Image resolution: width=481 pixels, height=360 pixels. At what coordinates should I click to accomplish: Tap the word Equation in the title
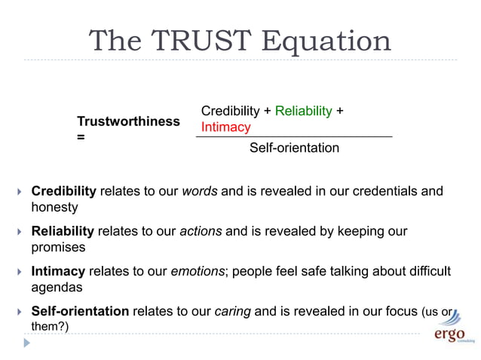325,41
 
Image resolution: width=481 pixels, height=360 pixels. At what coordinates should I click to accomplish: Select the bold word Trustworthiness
128,121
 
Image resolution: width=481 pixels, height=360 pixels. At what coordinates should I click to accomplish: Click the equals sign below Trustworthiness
81,138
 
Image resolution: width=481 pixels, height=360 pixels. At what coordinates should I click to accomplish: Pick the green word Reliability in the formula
303,111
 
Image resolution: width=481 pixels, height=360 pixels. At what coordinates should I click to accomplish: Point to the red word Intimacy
225,127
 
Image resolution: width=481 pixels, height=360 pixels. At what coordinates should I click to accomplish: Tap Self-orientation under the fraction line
294,148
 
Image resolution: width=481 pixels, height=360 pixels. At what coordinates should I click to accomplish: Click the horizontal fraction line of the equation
294,136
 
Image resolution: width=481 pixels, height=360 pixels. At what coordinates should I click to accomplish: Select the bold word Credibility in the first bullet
63,191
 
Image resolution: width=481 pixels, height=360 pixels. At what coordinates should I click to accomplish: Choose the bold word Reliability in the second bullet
62,231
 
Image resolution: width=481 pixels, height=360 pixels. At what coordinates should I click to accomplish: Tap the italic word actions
201,231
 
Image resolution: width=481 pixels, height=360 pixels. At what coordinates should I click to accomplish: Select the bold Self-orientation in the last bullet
80,311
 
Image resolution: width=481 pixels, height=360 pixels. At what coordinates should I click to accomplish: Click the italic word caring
233,311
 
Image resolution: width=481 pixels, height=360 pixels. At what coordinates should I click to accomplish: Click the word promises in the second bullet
58,246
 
